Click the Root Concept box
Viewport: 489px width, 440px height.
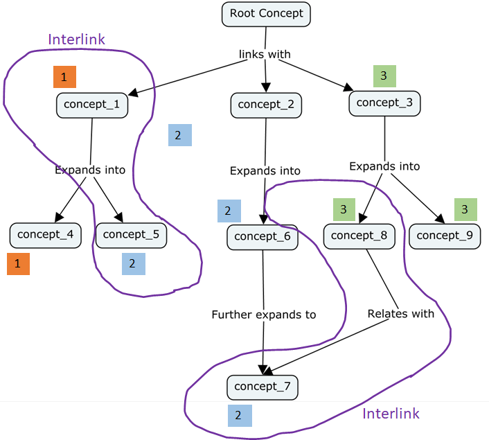coord(266,14)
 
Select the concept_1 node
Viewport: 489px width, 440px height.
coord(91,105)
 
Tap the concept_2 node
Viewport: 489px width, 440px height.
coord(266,105)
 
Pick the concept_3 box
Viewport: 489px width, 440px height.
coord(384,103)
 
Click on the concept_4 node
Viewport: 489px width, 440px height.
coord(45,234)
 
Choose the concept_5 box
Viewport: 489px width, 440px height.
coord(131,234)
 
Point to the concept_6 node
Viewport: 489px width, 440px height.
coord(262,236)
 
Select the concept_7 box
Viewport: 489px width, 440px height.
coord(262,386)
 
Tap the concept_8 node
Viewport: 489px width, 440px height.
coord(359,236)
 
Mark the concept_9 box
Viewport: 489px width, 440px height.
coord(444,236)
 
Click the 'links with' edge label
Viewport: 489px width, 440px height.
coord(265,54)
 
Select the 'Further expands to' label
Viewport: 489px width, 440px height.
coord(263,315)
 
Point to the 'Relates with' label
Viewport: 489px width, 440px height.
coord(400,314)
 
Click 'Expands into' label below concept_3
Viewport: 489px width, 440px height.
coord(384,166)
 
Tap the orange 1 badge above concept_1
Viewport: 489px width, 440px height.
coord(64,77)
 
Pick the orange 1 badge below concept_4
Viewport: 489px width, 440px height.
coord(19,264)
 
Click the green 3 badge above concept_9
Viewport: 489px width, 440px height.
coord(465,209)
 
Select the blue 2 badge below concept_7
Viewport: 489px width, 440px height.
coord(240,416)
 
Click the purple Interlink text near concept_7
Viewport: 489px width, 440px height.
coord(391,414)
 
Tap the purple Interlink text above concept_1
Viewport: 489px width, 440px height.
coord(76,39)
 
